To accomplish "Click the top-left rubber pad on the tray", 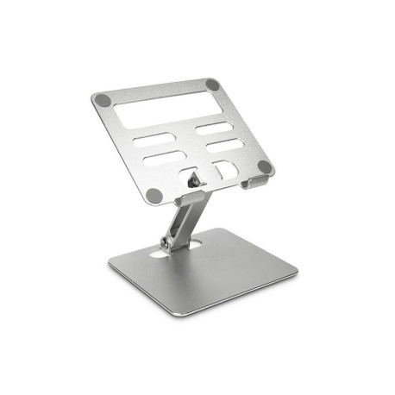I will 103,99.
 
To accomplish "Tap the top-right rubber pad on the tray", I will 212,85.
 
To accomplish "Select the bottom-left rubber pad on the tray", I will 154,194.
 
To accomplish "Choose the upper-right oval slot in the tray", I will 213,127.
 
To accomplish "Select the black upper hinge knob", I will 193,180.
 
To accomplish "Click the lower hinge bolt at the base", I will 169,241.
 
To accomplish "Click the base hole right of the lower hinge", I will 196,246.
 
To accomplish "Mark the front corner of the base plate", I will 201,315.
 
